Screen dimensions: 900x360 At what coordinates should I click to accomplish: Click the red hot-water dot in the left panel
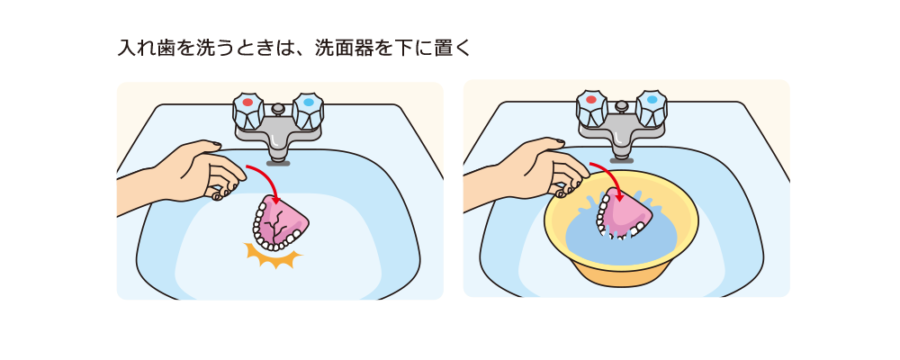point(247,103)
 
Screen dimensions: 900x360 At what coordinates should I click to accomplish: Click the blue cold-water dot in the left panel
point(308,103)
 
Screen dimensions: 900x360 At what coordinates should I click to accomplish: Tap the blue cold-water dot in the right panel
point(652,100)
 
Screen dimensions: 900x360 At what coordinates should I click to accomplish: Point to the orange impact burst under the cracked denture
point(274,256)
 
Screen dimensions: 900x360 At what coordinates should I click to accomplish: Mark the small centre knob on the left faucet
point(278,109)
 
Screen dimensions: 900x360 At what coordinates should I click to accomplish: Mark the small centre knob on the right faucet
point(622,107)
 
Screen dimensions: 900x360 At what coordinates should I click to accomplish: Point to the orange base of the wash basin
point(620,275)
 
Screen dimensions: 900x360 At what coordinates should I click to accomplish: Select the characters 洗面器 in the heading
point(343,48)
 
